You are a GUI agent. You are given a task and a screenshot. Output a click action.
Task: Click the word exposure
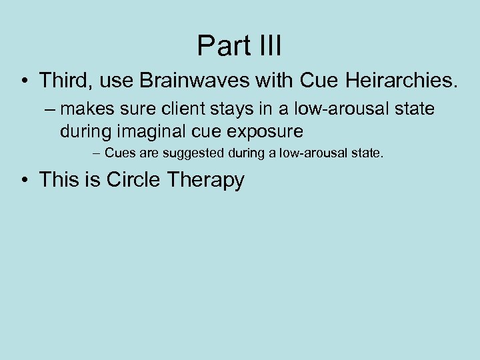266,131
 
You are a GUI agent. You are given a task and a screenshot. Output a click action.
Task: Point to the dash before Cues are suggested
97,154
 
